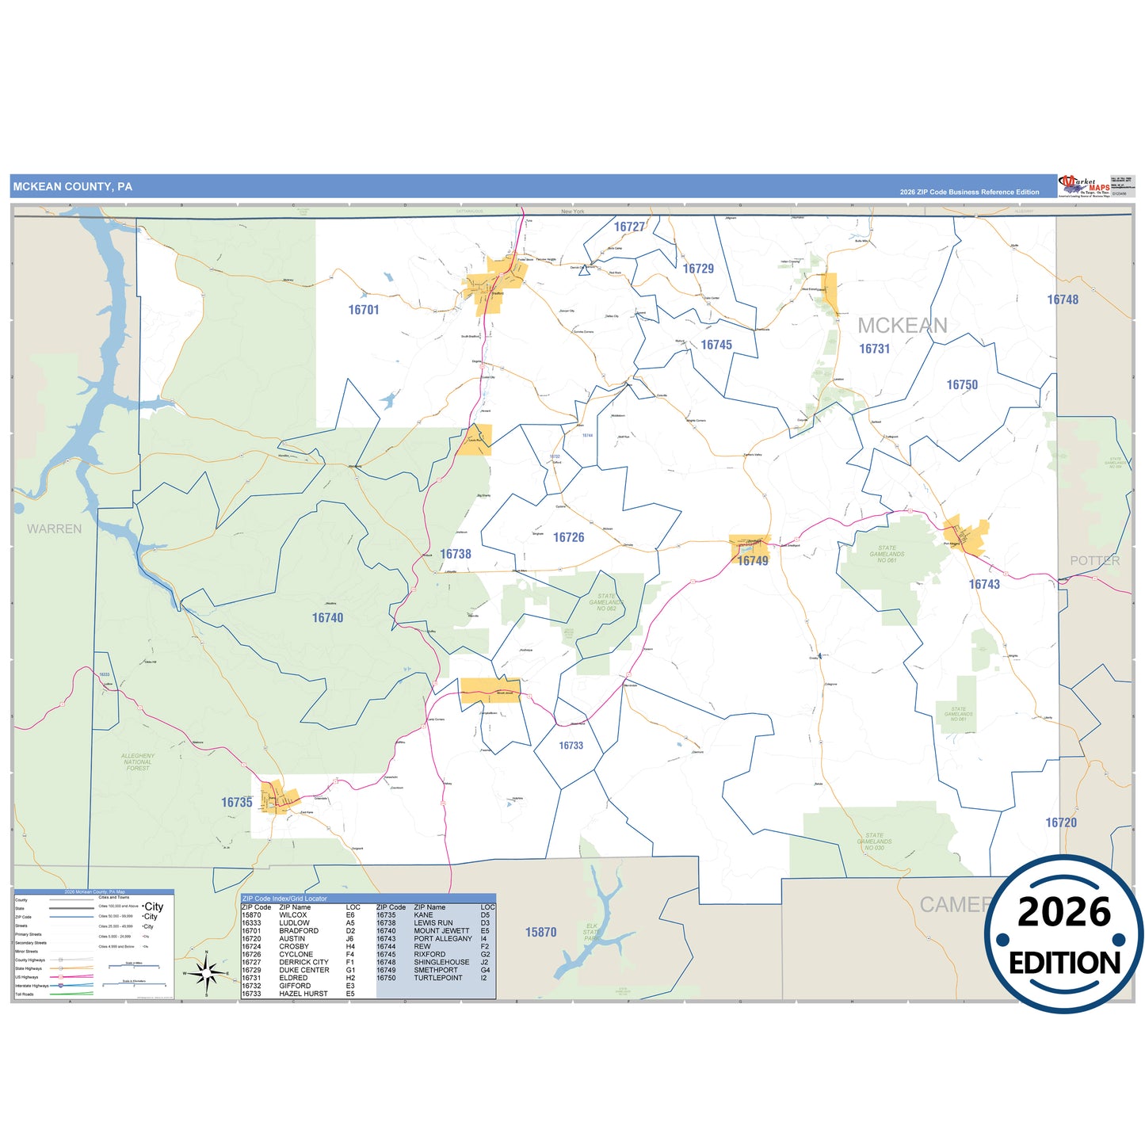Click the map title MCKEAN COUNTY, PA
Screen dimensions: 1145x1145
(72, 187)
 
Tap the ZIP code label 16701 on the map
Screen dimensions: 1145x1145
(364, 310)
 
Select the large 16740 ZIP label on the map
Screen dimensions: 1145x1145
(327, 618)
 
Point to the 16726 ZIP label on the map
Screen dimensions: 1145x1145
(568, 537)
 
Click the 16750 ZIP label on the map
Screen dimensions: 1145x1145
(962, 385)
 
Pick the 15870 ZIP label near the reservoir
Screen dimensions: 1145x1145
(540, 933)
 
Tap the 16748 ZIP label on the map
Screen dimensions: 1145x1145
(1063, 300)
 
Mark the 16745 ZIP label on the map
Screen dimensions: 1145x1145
(716, 345)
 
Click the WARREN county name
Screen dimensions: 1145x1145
(54, 529)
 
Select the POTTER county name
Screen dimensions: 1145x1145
(1095, 561)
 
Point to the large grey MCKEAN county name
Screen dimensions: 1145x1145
(902, 326)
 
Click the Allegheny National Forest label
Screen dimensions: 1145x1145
(138, 761)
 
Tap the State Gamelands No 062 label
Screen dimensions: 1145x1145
(606, 602)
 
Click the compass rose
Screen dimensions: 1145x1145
(206, 972)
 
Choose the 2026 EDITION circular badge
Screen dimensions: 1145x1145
(1064, 935)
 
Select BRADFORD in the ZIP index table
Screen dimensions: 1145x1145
(299, 931)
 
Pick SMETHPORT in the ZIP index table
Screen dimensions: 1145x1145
(436, 970)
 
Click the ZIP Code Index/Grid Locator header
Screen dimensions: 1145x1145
(284, 899)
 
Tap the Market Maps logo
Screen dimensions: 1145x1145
(1084, 186)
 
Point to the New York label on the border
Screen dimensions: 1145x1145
(572, 212)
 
